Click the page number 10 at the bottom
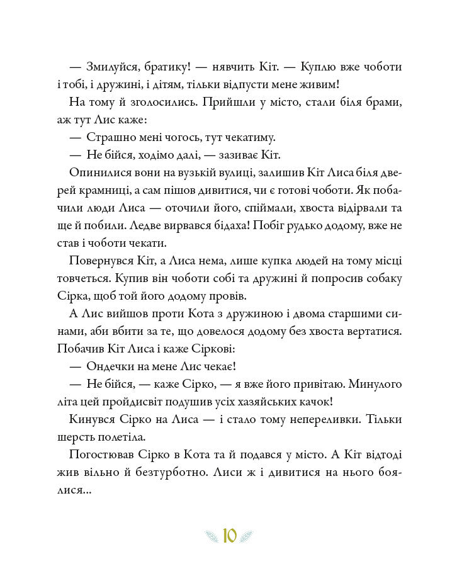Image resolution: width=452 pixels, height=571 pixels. click(x=230, y=536)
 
